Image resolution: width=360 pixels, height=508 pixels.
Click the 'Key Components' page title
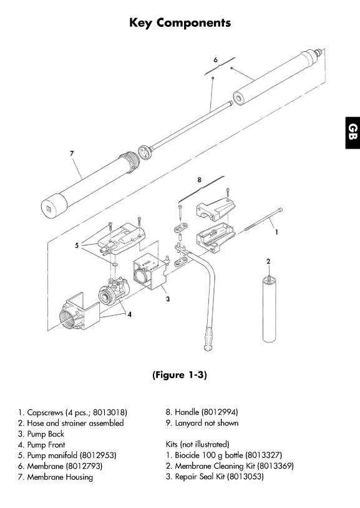coord(180,23)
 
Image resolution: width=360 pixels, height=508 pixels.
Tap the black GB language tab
coord(353,132)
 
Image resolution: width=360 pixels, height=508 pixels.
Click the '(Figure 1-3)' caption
coord(180,375)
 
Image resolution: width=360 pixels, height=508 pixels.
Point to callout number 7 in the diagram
coord(72,154)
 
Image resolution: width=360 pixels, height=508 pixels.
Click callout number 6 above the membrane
coord(215,60)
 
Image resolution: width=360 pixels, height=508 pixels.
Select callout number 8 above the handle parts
coord(199,180)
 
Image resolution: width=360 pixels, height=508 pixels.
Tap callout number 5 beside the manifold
coord(77,245)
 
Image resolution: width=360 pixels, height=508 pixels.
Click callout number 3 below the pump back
coord(168,299)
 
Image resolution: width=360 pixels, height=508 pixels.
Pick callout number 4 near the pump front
coord(129,315)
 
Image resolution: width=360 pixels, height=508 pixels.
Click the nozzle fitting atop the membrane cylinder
coord(319,52)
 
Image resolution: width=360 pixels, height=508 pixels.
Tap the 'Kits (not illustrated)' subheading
coord(197,444)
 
